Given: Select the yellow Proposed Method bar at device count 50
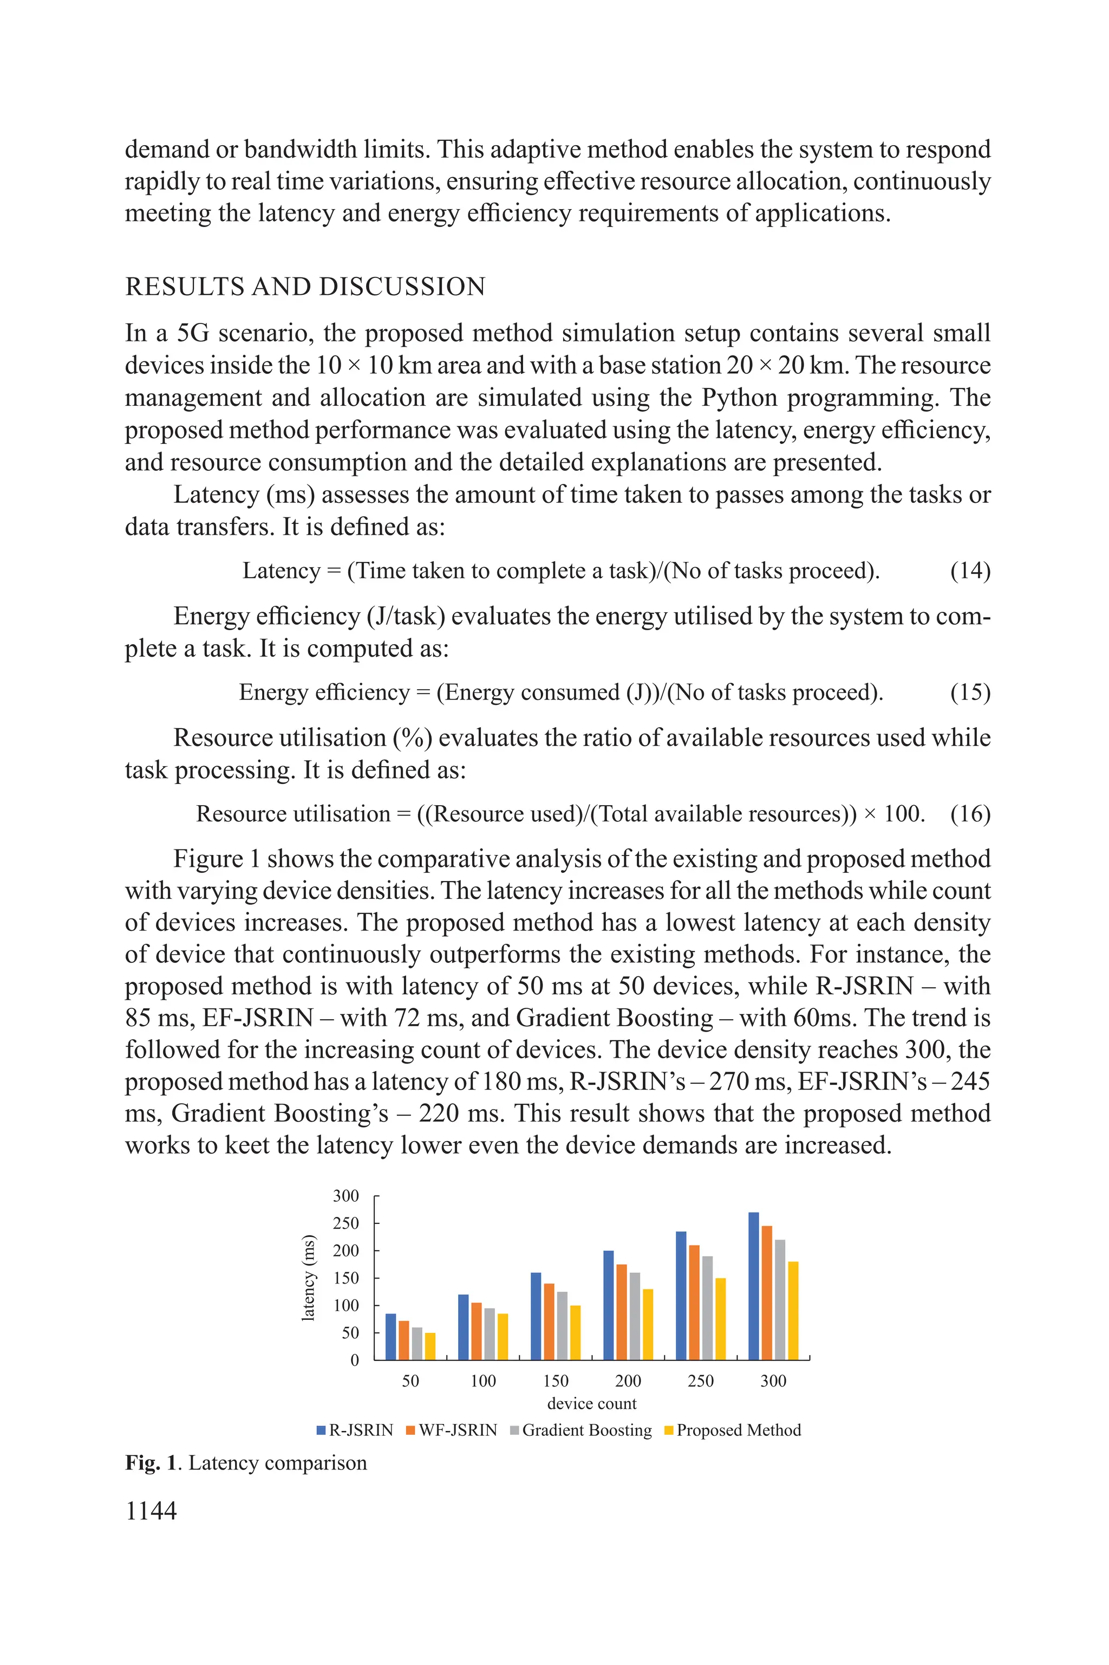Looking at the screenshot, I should pos(430,1346).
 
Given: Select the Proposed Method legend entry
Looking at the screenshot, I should pos(733,1430).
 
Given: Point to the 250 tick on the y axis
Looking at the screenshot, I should pos(346,1223).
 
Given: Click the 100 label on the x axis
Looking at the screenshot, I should pos(483,1381).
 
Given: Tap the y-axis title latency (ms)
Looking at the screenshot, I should pos(308,1278).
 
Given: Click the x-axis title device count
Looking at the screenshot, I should pos(591,1403).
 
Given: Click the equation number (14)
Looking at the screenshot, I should pos(970,571).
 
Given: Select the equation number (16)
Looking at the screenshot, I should pos(970,814).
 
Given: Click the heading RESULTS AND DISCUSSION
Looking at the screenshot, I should pos(305,287).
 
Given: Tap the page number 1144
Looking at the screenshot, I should pos(151,1511).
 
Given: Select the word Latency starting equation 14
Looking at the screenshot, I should pos(282,571).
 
